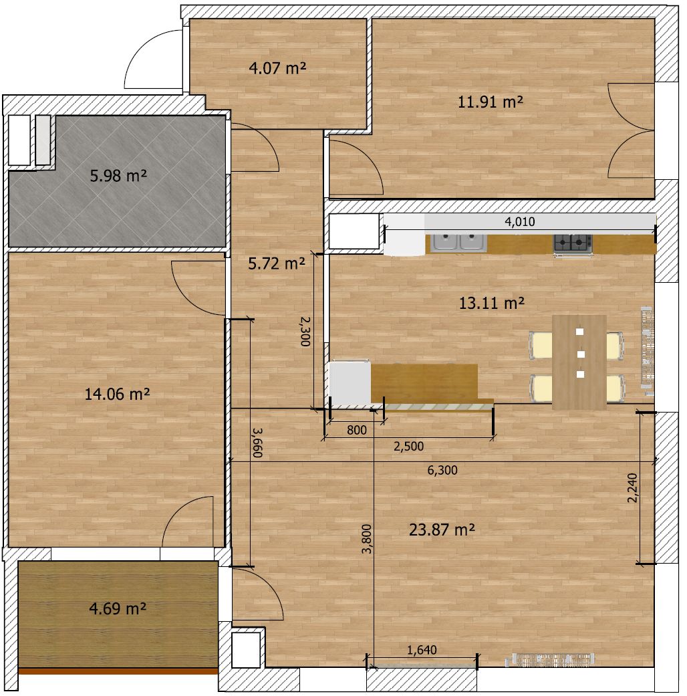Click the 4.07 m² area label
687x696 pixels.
point(277,68)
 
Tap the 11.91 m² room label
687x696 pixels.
point(491,102)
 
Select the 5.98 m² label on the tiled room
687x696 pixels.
point(118,176)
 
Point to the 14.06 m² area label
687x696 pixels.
point(117,394)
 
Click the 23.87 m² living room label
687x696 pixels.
point(442,530)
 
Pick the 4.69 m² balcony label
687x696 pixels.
point(118,608)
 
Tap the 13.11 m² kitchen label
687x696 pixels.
point(492,303)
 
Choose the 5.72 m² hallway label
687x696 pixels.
point(277,263)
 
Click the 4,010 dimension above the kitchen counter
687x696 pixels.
point(520,221)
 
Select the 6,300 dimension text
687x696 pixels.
point(442,470)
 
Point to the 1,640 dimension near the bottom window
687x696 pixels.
point(422,651)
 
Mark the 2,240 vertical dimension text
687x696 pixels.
point(632,488)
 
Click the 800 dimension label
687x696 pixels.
point(357,430)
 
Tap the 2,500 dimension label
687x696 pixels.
point(409,446)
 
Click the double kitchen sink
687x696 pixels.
point(459,242)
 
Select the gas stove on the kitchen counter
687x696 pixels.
point(573,243)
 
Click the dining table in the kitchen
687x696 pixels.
point(579,362)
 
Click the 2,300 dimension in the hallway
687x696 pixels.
point(305,331)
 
